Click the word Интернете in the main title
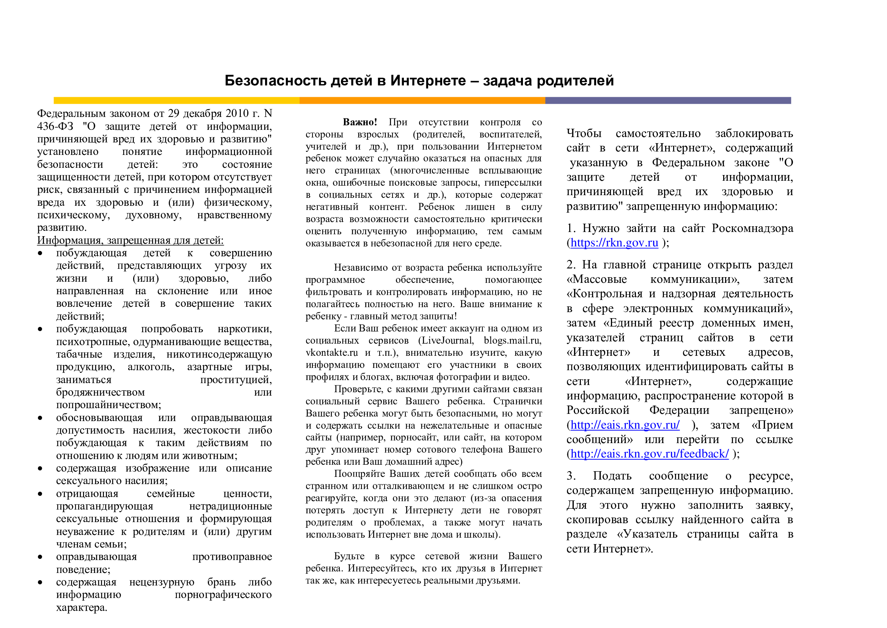(x=428, y=80)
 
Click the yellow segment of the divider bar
(x=176, y=101)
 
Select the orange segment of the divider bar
(x=422, y=101)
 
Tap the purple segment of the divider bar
(x=667, y=101)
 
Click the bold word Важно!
(x=360, y=122)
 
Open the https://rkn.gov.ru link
(x=614, y=243)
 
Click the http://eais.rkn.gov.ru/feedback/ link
(x=649, y=454)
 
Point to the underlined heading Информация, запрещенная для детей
(x=130, y=240)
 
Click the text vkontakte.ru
(x=331, y=353)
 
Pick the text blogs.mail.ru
(x=512, y=340)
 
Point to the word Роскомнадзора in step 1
(x=752, y=228)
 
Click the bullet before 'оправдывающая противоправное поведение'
(x=40, y=557)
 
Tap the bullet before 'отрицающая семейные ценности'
(x=40, y=494)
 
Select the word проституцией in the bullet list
(x=235, y=380)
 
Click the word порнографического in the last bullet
(x=223, y=595)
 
